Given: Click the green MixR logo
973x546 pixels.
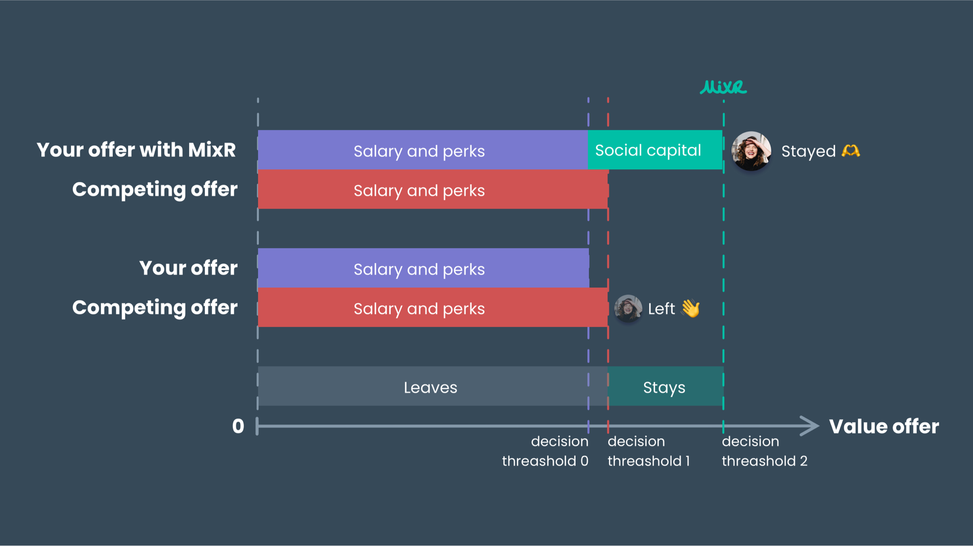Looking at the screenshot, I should point(723,87).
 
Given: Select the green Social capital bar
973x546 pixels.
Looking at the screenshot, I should point(654,150).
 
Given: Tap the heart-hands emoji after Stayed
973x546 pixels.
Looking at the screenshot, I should point(850,151).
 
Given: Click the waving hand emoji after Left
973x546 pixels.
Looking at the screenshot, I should point(690,309).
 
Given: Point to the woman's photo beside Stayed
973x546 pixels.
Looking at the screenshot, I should point(751,151).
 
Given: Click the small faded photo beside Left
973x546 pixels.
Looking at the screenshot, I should point(628,308).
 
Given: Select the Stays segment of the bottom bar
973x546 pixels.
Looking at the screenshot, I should point(665,387).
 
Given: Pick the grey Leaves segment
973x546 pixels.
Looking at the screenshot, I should point(430,387).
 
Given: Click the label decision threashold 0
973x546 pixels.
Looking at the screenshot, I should point(546,451).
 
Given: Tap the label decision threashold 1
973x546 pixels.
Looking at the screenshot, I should point(649,451).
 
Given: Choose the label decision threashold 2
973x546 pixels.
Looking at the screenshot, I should point(764,451).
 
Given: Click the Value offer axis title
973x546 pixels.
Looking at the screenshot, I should point(884,426).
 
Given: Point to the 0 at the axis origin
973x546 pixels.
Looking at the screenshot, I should point(238,426).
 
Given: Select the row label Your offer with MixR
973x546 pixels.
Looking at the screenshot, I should point(136,150).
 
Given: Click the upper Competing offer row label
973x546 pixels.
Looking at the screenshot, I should point(155,190).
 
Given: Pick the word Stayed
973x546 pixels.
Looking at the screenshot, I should point(808,151).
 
